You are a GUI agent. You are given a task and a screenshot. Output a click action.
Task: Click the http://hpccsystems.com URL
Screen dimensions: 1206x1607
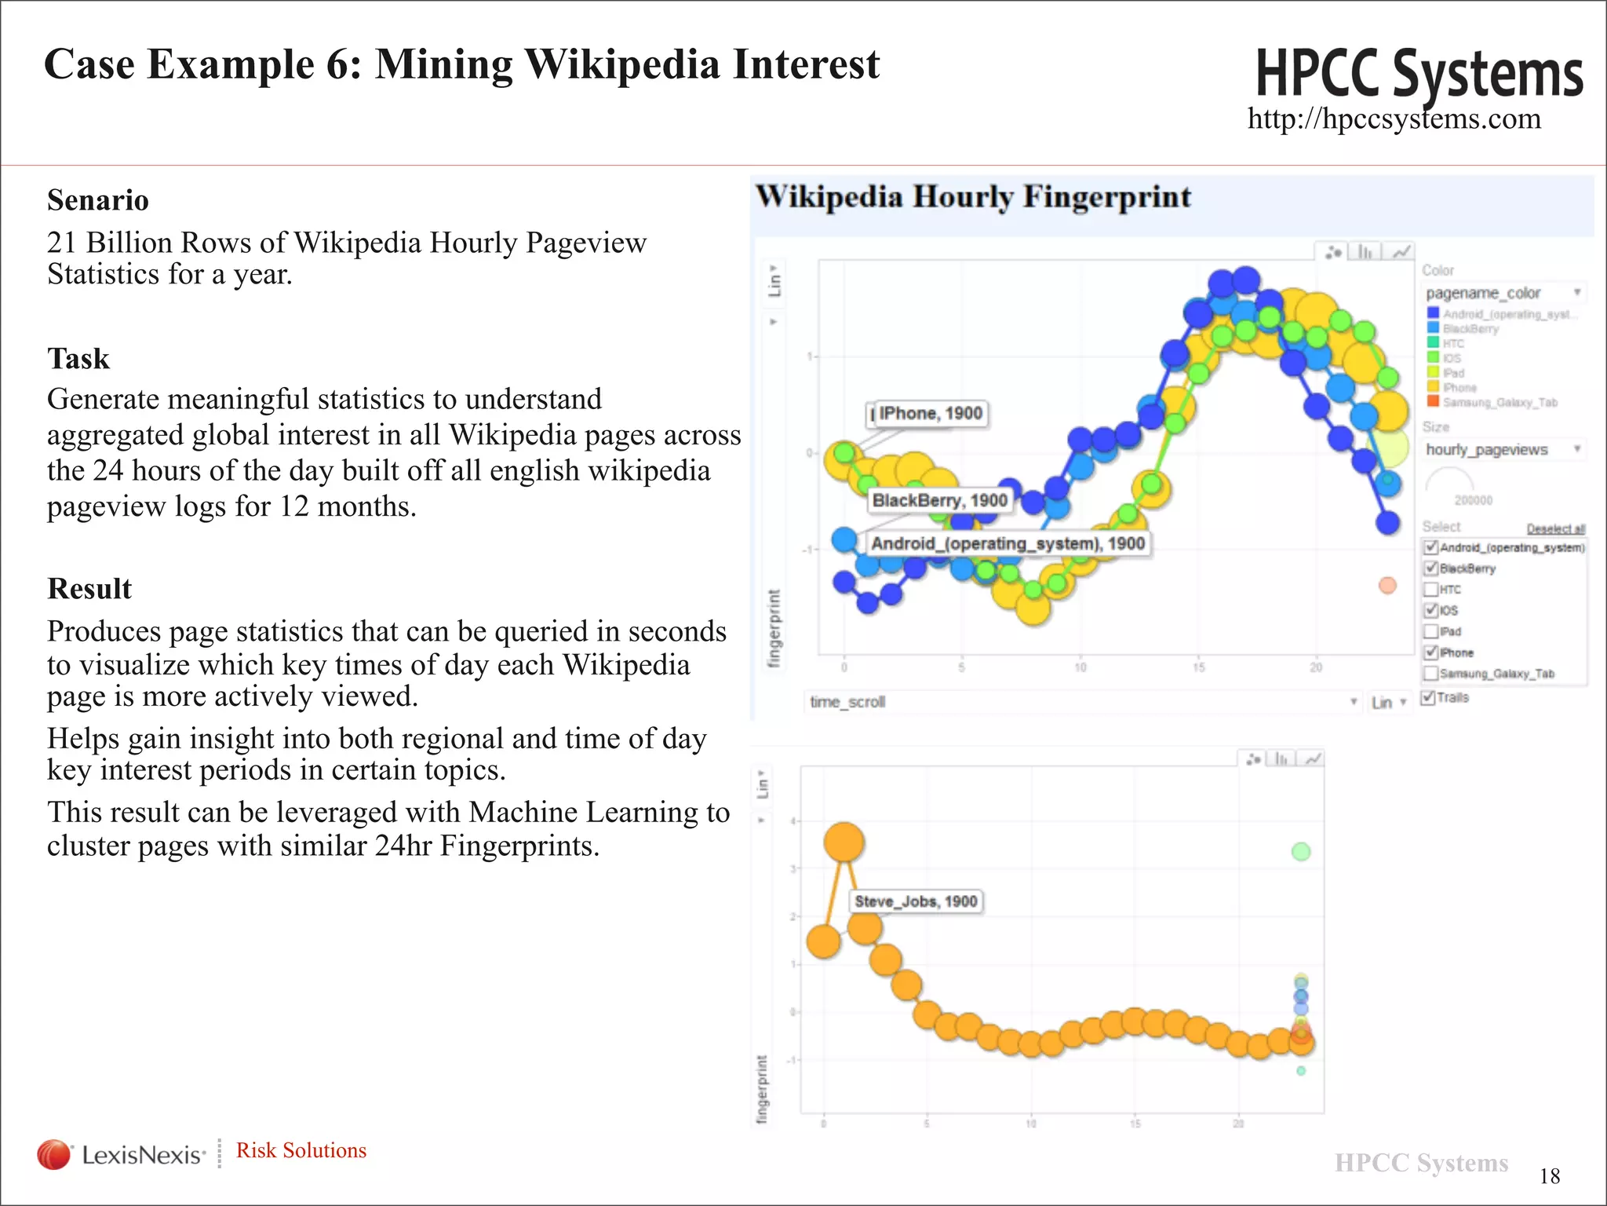pos(1394,119)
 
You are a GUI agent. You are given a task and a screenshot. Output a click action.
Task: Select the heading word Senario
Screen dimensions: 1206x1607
pos(98,200)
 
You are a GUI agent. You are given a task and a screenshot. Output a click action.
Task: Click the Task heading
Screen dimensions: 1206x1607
pos(78,359)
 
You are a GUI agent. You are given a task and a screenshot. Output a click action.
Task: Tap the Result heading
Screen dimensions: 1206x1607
pos(89,589)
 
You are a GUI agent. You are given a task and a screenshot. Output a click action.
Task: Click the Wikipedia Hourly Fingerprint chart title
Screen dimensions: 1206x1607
pos(973,196)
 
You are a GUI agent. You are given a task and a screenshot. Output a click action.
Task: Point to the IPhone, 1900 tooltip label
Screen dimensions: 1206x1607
pos(930,414)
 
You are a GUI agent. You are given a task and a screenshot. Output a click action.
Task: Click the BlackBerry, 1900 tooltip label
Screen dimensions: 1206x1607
pos(939,501)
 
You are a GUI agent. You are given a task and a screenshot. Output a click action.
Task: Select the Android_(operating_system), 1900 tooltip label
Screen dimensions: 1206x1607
pos(1008,543)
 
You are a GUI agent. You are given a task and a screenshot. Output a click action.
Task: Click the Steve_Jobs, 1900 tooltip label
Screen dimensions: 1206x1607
pos(916,901)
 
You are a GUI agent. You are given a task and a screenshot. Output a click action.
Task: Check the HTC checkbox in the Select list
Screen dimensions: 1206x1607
pos(1431,590)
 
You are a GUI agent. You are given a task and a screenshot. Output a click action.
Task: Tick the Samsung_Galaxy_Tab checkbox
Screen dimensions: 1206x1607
pos(1431,674)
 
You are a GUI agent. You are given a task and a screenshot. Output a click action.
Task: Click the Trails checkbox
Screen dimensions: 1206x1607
pos(1428,697)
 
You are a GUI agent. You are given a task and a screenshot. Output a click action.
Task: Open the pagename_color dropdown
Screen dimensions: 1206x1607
pos(1503,293)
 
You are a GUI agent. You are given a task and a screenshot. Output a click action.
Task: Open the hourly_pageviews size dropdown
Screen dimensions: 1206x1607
pos(1503,449)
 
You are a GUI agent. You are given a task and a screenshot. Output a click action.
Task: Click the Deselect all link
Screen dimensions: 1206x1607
pos(1555,528)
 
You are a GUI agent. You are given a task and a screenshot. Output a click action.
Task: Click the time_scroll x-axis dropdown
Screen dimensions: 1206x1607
pos(1083,702)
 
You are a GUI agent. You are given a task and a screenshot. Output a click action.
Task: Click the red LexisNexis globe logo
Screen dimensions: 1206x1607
pos(54,1154)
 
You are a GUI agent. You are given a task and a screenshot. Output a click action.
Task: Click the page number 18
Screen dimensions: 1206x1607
pos(1550,1175)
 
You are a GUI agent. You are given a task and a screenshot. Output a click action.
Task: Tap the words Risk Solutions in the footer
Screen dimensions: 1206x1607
pos(301,1150)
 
